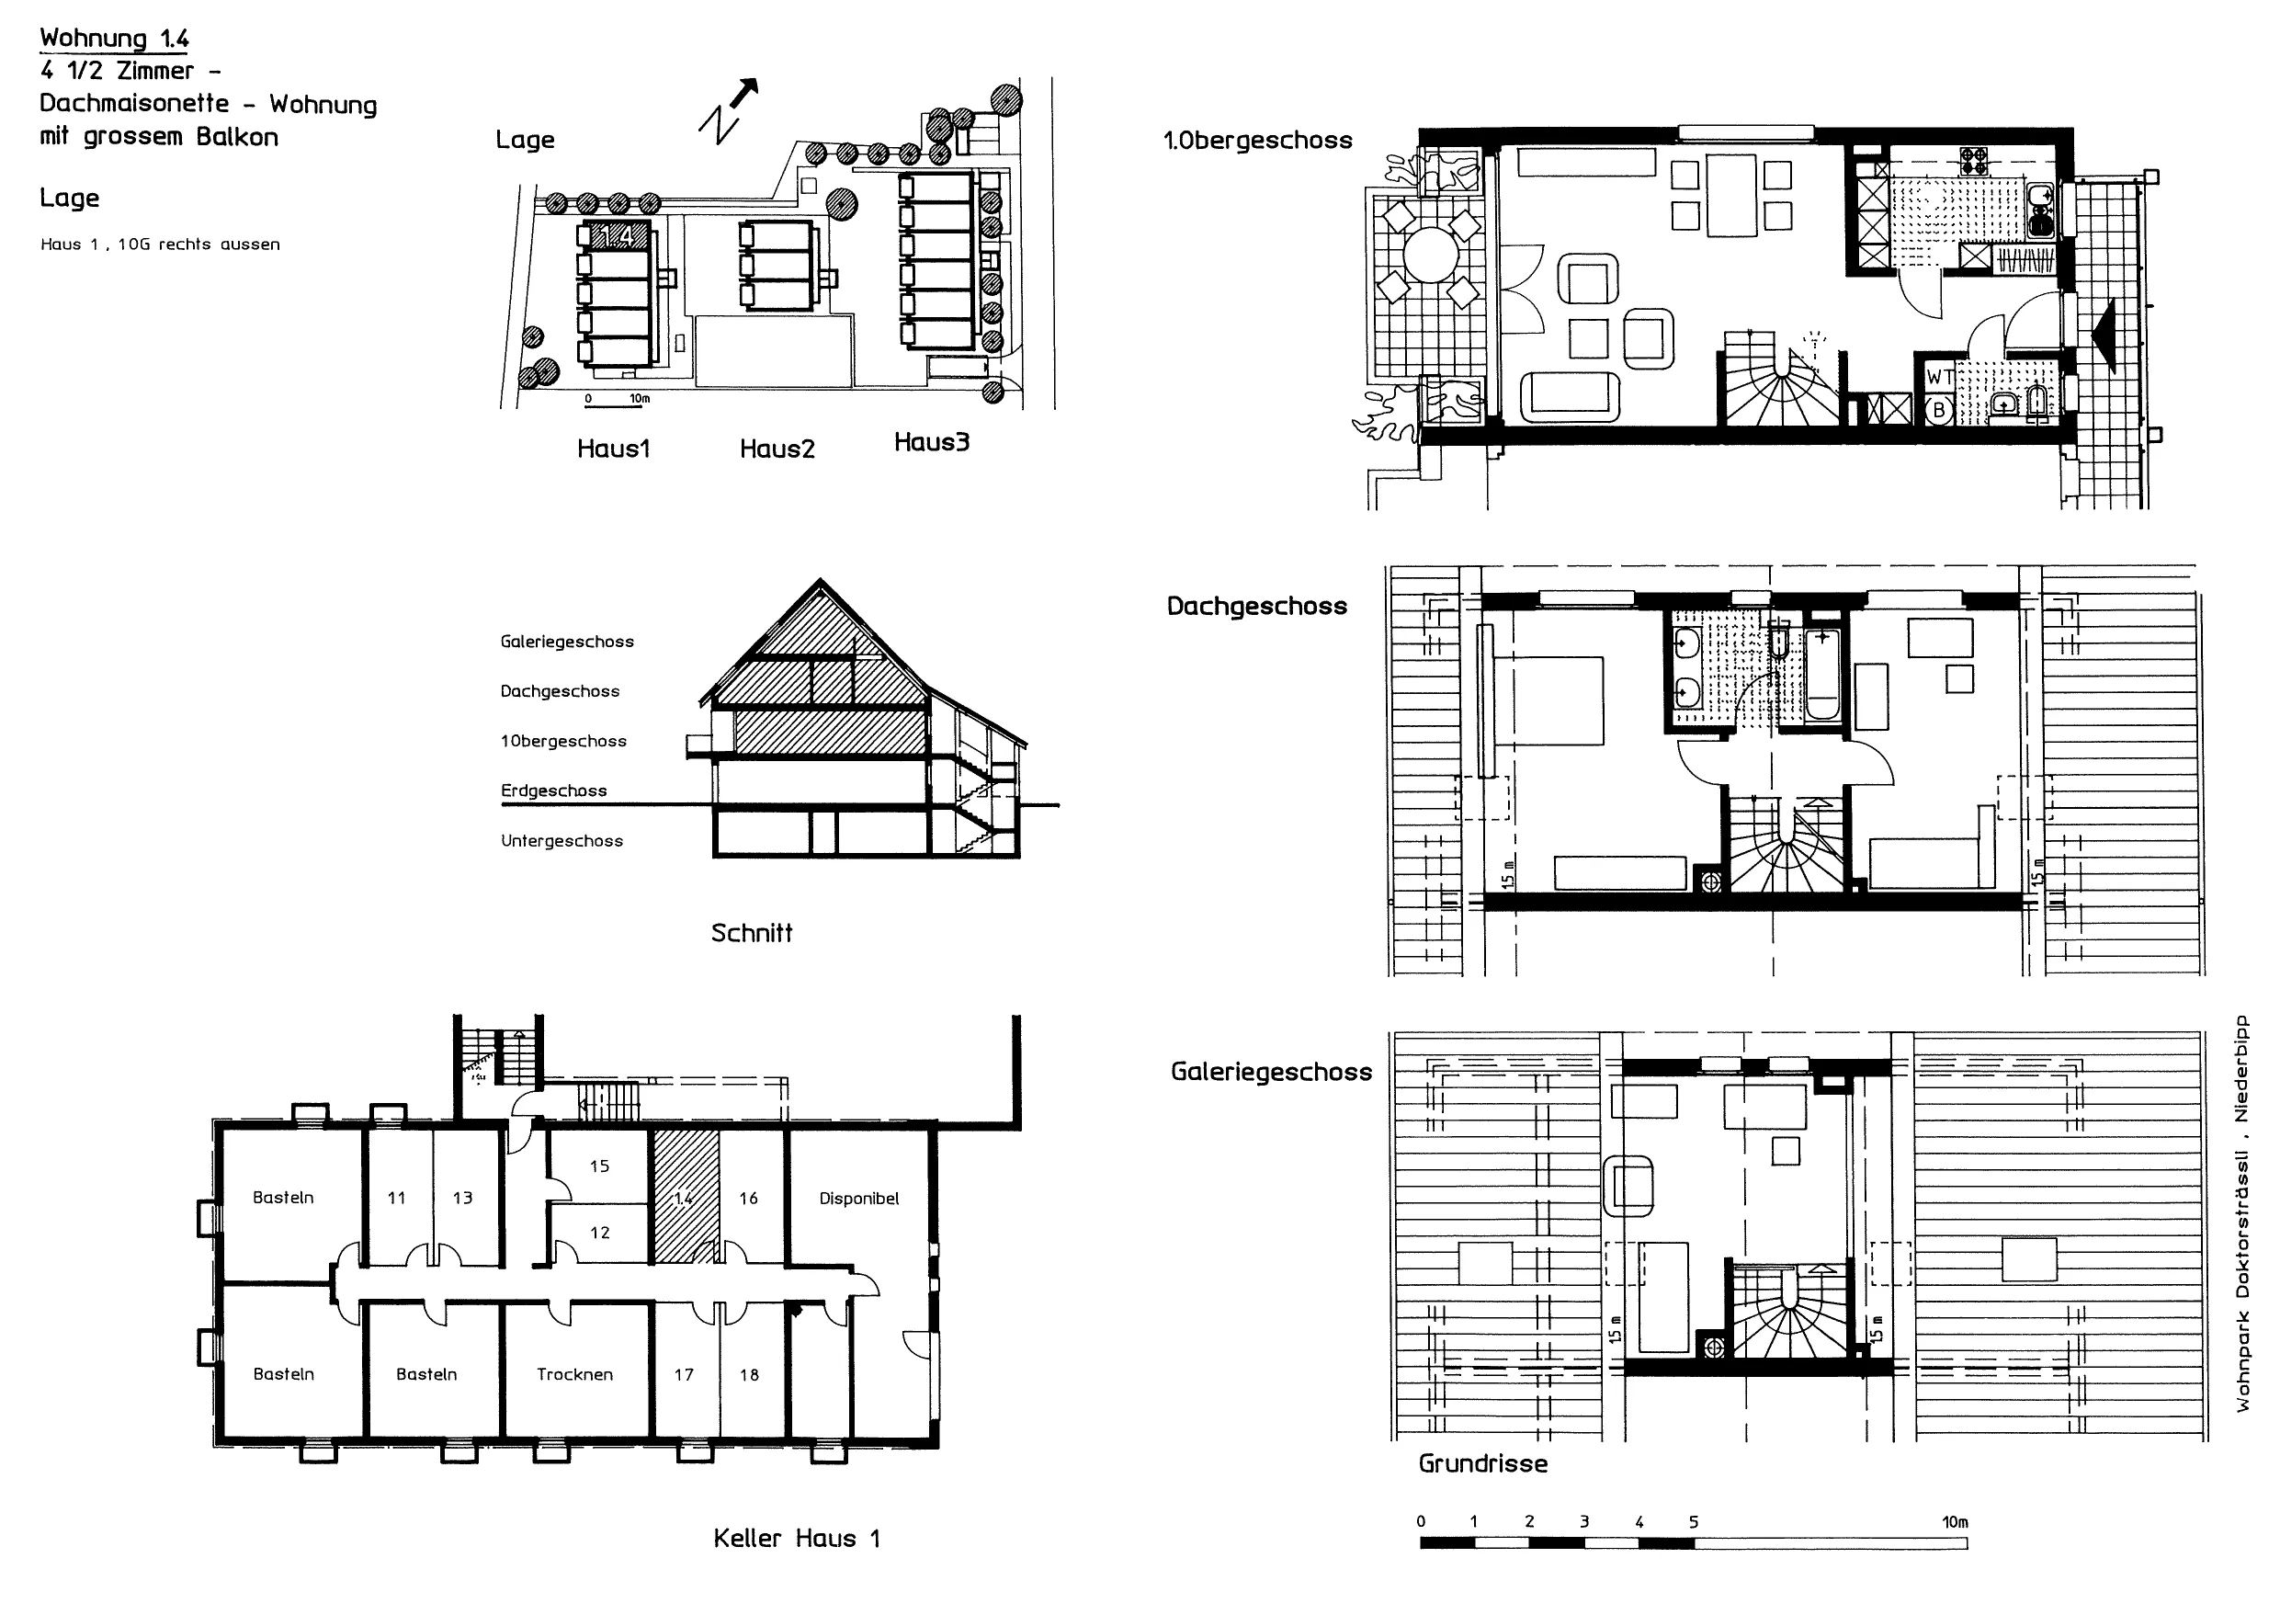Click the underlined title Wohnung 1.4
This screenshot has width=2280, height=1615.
coord(114,39)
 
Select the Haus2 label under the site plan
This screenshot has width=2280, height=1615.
coord(777,449)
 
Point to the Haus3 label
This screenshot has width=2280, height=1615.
coord(931,442)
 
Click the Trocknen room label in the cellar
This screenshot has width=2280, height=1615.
coord(574,1374)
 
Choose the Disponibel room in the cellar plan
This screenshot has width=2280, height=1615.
coord(859,1199)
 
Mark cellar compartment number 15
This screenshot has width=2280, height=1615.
coord(599,1166)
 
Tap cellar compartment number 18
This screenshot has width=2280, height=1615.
coord(749,1375)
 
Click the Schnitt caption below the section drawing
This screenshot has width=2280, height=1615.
coord(752,933)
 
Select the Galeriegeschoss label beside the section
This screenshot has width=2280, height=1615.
coord(567,643)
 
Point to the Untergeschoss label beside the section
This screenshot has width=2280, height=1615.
coord(561,841)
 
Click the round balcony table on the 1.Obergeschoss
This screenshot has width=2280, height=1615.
coord(1429,256)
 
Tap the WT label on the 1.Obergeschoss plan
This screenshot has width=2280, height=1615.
coord(1939,378)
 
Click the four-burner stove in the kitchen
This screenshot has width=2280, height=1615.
coord(1974,161)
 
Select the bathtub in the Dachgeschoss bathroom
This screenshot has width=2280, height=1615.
coord(1822,672)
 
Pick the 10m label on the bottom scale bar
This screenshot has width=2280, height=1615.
coord(1955,1522)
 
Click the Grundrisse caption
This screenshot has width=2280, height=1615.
coord(1482,1464)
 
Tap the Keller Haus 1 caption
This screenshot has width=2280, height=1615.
coord(797,1540)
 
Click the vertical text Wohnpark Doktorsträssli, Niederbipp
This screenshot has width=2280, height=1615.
coord(2242,1213)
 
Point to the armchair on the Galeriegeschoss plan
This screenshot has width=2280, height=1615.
coord(1628,1186)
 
